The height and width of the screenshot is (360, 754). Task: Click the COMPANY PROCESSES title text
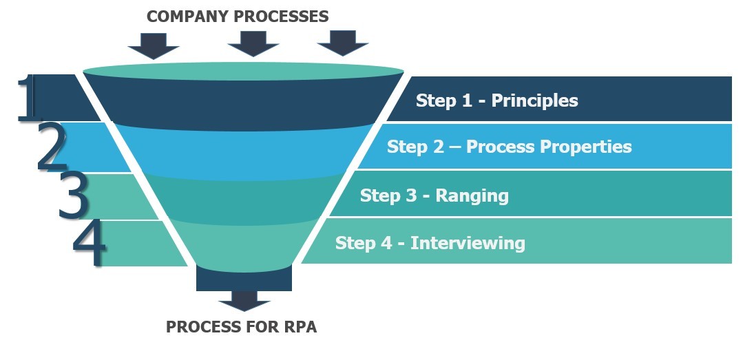pyautogui.click(x=238, y=16)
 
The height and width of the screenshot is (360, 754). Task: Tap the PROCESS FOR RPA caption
pyautogui.click(x=241, y=327)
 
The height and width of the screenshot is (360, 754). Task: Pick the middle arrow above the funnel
pyautogui.click(x=253, y=43)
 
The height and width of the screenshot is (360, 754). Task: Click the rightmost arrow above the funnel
pyautogui.click(x=342, y=43)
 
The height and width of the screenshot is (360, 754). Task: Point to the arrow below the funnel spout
pyautogui.click(x=244, y=300)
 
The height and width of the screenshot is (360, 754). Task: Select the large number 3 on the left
pyautogui.click(x=73, y=195)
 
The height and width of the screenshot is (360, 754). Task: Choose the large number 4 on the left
pyautogui.click(x=90, y=244)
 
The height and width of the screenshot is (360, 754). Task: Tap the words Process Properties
pyautogui.click(x=549, y=147)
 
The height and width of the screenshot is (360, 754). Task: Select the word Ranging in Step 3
pyautogui.click(x=472, y=195)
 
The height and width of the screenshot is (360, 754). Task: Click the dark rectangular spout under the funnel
pyautogui.click(x=244, y=279)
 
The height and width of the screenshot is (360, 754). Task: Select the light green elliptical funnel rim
pyautogui.click(x=243, y=71)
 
